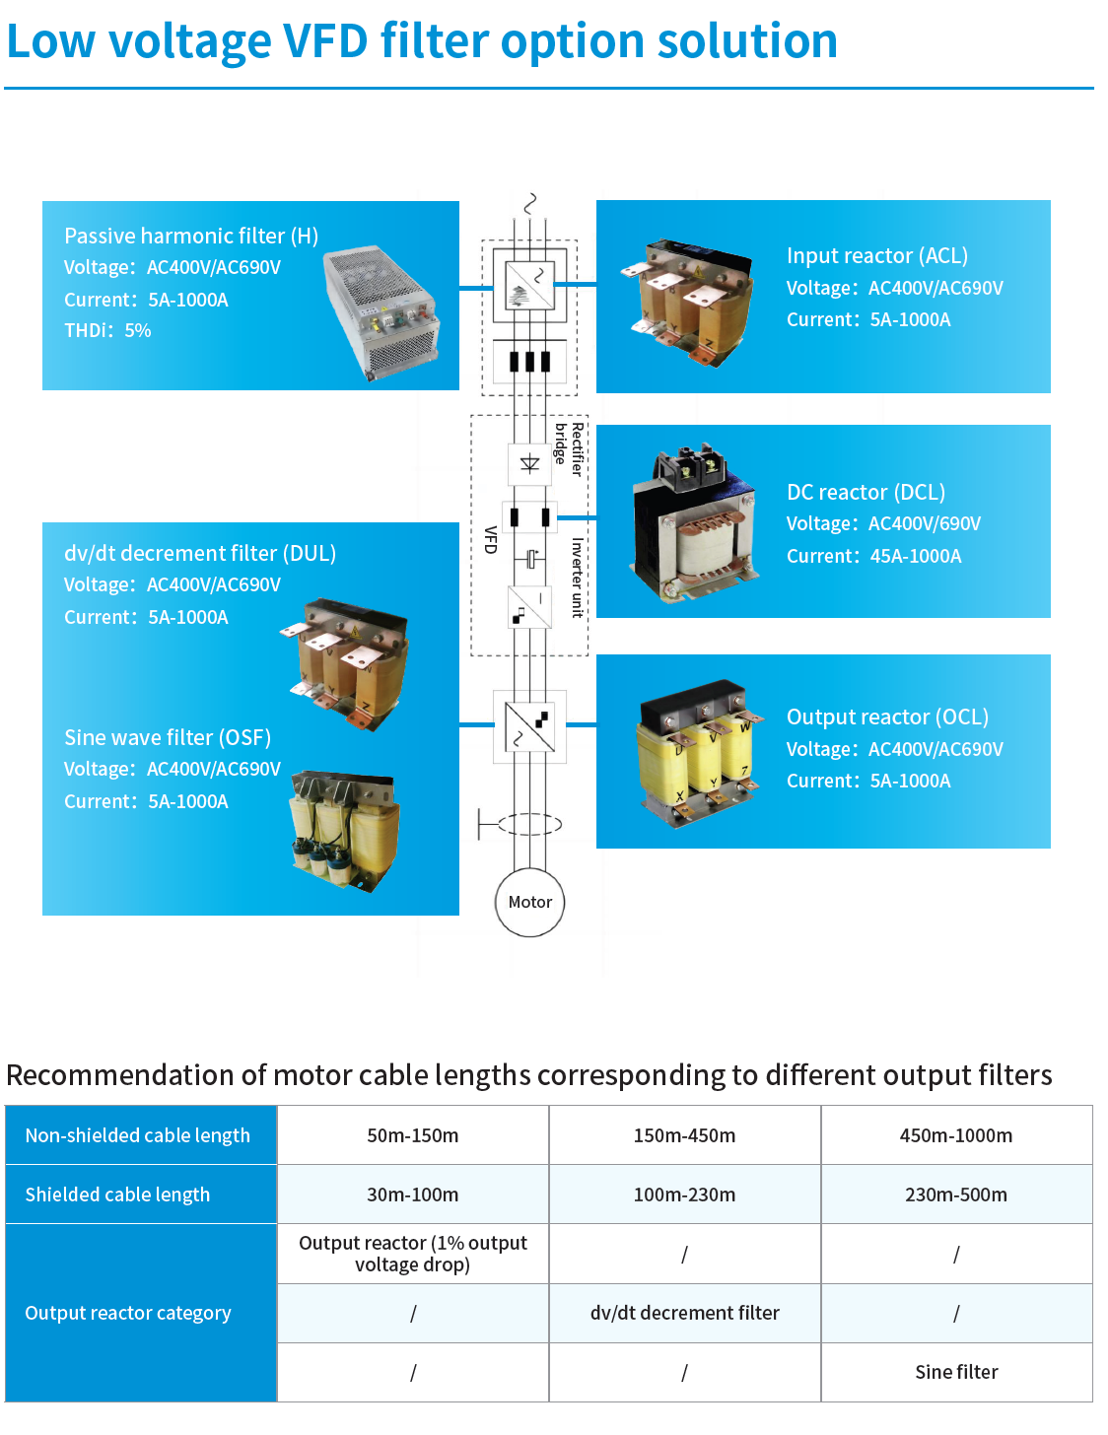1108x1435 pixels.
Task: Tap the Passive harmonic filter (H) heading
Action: tap(191, 236)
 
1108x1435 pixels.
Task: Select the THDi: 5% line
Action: tap(107, 330)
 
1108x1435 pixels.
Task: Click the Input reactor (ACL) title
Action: tap(877, 255)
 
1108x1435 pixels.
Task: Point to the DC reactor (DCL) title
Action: tap(866, 492)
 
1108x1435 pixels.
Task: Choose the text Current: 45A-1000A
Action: tap(873, 556)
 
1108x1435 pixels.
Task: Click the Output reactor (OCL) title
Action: tap(887, 717)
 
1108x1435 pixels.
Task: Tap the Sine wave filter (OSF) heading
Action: tap(168, 737)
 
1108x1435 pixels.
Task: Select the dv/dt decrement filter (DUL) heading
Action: tap(200, 553)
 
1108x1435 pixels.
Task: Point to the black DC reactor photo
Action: tap(693, 523)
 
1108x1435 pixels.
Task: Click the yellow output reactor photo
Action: tap(699, 753)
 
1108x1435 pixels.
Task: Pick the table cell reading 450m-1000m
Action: tap(955, 1135)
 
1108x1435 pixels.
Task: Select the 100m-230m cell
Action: tap(684, 1195)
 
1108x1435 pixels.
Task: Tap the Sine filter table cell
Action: tap(956, 1372)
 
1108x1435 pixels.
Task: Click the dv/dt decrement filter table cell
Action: tap(684, 1313)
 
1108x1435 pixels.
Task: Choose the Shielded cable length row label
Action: tap(117, 1195)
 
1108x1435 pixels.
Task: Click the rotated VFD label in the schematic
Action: tap(490, 539)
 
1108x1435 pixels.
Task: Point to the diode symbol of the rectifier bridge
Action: tap(529, 464)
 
